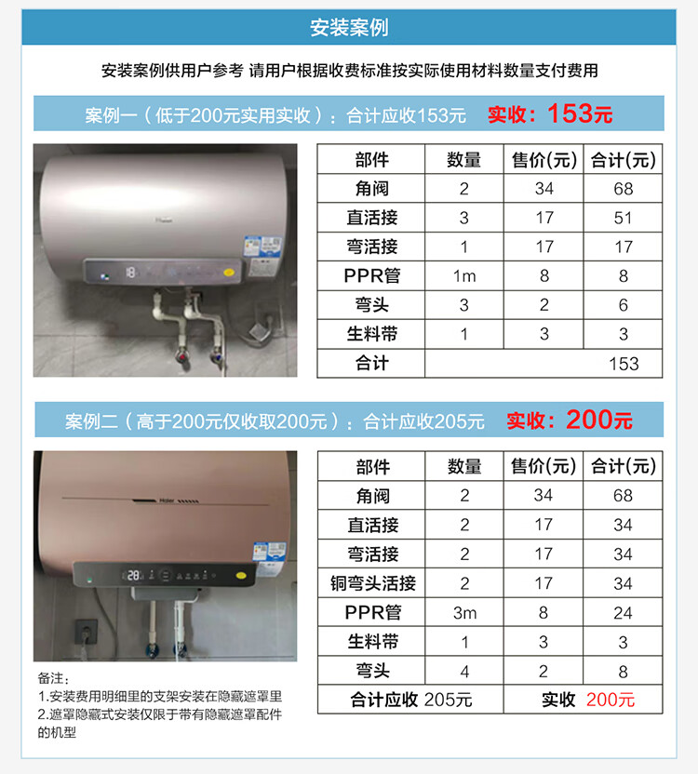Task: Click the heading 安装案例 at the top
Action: pos(349,28)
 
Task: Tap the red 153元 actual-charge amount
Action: pos(580,114)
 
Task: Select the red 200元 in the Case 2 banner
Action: pos(598,420)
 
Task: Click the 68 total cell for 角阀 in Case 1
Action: pos(624,189)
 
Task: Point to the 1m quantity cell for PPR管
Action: pos(463,275)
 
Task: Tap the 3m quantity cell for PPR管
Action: pos(463,612)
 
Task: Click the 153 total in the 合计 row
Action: pos(624,363)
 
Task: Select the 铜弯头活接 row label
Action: pos(372,583)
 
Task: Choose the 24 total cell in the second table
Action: pos(624,612)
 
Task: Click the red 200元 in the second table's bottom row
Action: pos(611,700)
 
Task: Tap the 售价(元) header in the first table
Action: pos(544,160)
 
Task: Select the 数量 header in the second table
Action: pos(463,466)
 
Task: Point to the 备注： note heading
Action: pos(54,679)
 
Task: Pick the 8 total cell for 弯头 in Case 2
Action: pos(624,671)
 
